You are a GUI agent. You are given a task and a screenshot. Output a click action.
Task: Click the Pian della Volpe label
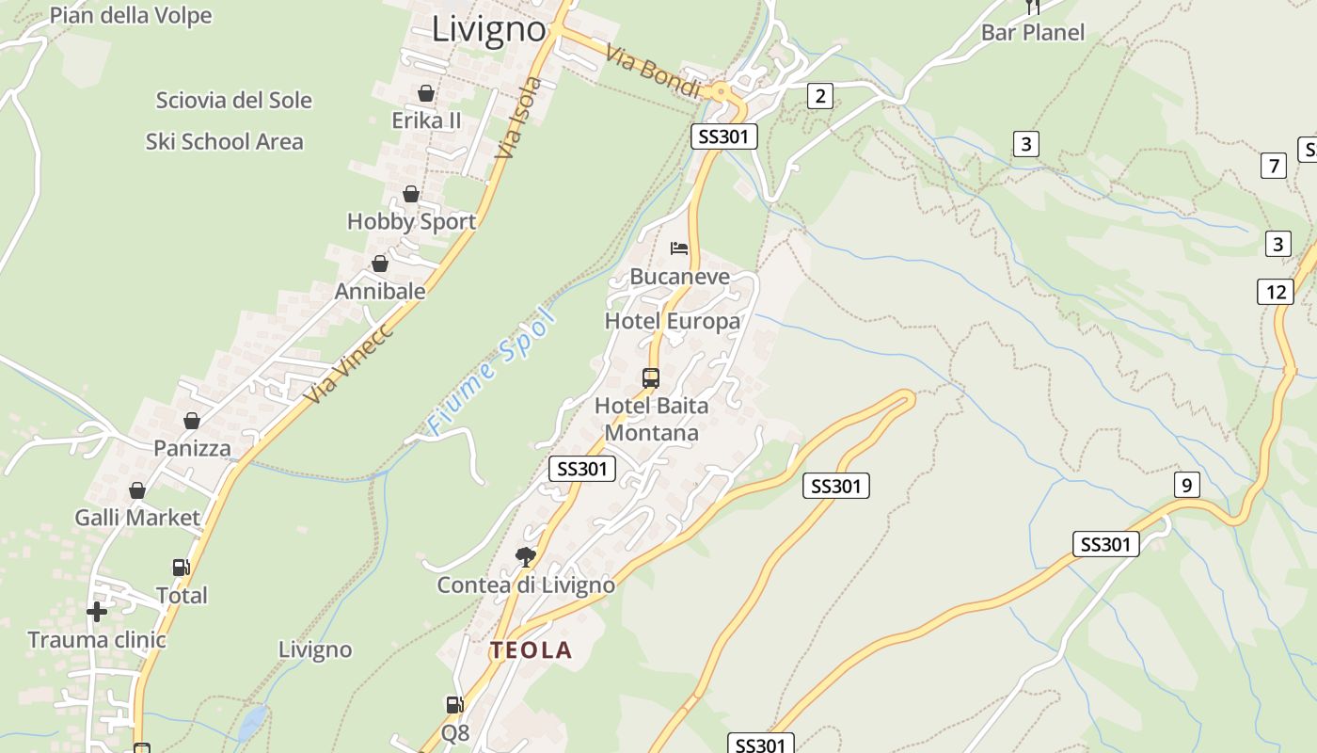coord(131,15)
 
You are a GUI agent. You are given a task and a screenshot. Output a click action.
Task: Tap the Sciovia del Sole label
coord(233,100)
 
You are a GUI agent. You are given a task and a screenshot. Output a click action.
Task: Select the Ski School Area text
coord(224,142)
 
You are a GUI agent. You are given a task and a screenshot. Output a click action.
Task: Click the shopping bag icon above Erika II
coord(426,93)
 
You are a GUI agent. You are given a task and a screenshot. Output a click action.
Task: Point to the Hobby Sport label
coord(411,222)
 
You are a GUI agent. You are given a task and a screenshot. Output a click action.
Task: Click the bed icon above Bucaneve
coord(679,248)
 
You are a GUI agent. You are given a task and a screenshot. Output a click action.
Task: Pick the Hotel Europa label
coord(672,322)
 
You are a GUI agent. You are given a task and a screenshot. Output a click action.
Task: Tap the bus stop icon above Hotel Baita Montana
coord(651,378)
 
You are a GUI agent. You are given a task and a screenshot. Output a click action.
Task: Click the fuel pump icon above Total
coord(181,568)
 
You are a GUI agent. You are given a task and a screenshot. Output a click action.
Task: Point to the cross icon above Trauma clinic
coord(96,612)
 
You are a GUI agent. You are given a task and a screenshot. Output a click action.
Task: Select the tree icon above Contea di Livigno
coord(525,556)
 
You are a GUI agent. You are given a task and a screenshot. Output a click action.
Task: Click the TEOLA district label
coord(531,650)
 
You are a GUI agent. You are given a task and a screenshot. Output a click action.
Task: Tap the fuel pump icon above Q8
coord(454,704)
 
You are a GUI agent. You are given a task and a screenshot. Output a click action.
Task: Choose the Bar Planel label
coord(1032,33)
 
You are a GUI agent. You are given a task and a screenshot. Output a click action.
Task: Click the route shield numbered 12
coord(1275,292)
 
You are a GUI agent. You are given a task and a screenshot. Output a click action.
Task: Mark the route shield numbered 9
coord(1186,486)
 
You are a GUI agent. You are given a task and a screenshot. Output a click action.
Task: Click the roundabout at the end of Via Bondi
coord(721,91)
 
